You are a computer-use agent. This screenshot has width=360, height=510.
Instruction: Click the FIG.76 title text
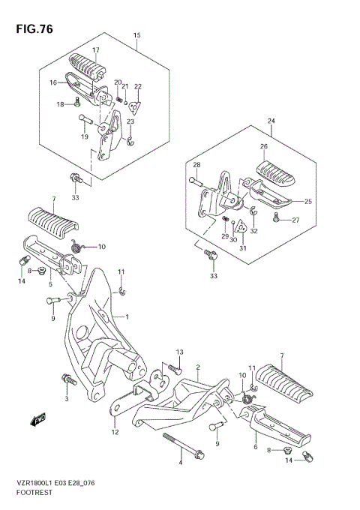tap(34, 29)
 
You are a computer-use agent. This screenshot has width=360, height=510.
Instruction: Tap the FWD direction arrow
tap(37, 419)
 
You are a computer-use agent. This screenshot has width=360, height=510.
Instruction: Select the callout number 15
tap(137, 35)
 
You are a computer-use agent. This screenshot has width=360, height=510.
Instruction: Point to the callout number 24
tap(271, 121)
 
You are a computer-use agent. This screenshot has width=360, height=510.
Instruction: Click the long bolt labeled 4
tap(184, 446)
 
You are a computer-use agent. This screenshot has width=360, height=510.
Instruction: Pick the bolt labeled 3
tap(68, 379)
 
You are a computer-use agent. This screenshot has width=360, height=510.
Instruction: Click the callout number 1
tap(127, 316)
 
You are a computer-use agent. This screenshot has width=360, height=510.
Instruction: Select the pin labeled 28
tap(196, 180)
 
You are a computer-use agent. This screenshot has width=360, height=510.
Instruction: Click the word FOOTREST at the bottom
tap(34, 492)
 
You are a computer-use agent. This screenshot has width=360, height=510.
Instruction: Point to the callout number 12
tap(115, 432)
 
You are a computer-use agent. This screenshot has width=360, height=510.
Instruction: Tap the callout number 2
tap(198, 367)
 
